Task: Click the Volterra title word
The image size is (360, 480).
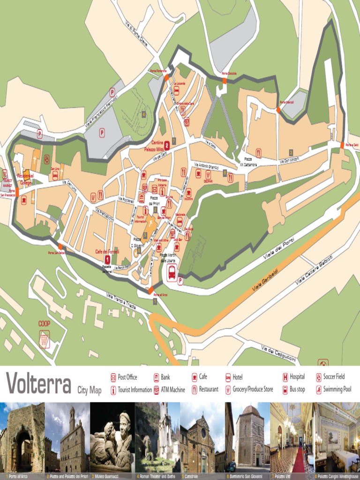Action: (x=38, y=383)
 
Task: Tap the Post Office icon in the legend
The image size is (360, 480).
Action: (x=113, y=377)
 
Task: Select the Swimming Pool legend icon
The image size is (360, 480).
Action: (x=319, y=390)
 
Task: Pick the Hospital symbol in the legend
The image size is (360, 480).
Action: (x=285, y=377)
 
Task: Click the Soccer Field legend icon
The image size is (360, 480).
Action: (x=319, y=377)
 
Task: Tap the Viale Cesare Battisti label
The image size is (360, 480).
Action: (x=314, y=270)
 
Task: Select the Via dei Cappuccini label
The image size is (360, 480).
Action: (x=278, y=354)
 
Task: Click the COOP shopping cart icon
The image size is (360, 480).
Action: (x=45, y=339)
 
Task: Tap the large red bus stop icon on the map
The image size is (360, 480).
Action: (x=172, y=272)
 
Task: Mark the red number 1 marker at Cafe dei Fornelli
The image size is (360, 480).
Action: (x=107, y=259)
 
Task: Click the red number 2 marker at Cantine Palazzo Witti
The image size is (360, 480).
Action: (x=166, y=146)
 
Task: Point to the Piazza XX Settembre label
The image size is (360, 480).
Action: (x=248, y=162)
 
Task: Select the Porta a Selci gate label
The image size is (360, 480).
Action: (x=352, y=145)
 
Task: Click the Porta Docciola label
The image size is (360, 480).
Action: (x=229, y=74)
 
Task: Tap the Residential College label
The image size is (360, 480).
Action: (x=25, y=179)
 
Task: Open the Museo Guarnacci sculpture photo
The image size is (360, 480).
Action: (x=112, y=437)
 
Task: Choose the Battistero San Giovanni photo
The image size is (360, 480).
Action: (x=247, y=437)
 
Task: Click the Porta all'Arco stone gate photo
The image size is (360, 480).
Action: (x=22, y=437)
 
